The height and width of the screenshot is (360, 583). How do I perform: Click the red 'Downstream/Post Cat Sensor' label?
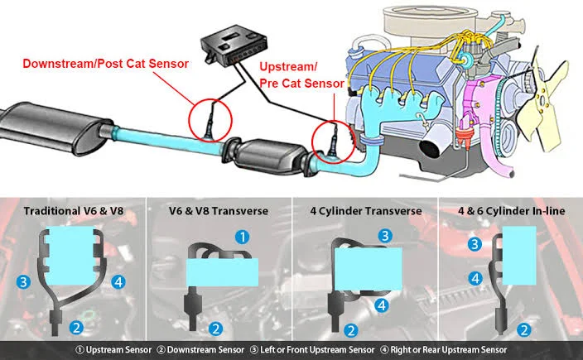tap(106, 64)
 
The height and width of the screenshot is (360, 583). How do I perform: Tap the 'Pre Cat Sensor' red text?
tap(301, 84)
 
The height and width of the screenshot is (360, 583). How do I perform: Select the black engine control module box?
tap(234, 45)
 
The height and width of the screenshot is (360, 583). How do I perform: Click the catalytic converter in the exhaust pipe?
tap(268, 156)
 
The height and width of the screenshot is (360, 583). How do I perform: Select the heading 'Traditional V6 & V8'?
tap(73, 211)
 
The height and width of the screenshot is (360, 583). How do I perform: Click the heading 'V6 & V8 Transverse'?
tap(219, 211)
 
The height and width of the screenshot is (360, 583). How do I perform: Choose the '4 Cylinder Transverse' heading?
tap(366, 211)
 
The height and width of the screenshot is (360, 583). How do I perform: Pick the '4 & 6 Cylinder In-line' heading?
tap(511, 211)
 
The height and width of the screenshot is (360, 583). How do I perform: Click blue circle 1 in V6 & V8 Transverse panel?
tap(243, 237)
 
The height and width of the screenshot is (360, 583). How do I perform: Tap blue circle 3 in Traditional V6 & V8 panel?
tap(23, 282)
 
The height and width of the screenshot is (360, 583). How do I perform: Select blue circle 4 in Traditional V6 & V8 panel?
tap(118, 282)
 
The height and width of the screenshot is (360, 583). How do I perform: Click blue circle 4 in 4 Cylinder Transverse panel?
tap(382, 305)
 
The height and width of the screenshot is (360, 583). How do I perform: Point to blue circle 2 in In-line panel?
tap(524, 330)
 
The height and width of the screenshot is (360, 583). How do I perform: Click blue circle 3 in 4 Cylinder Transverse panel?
tap(385, 236)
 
